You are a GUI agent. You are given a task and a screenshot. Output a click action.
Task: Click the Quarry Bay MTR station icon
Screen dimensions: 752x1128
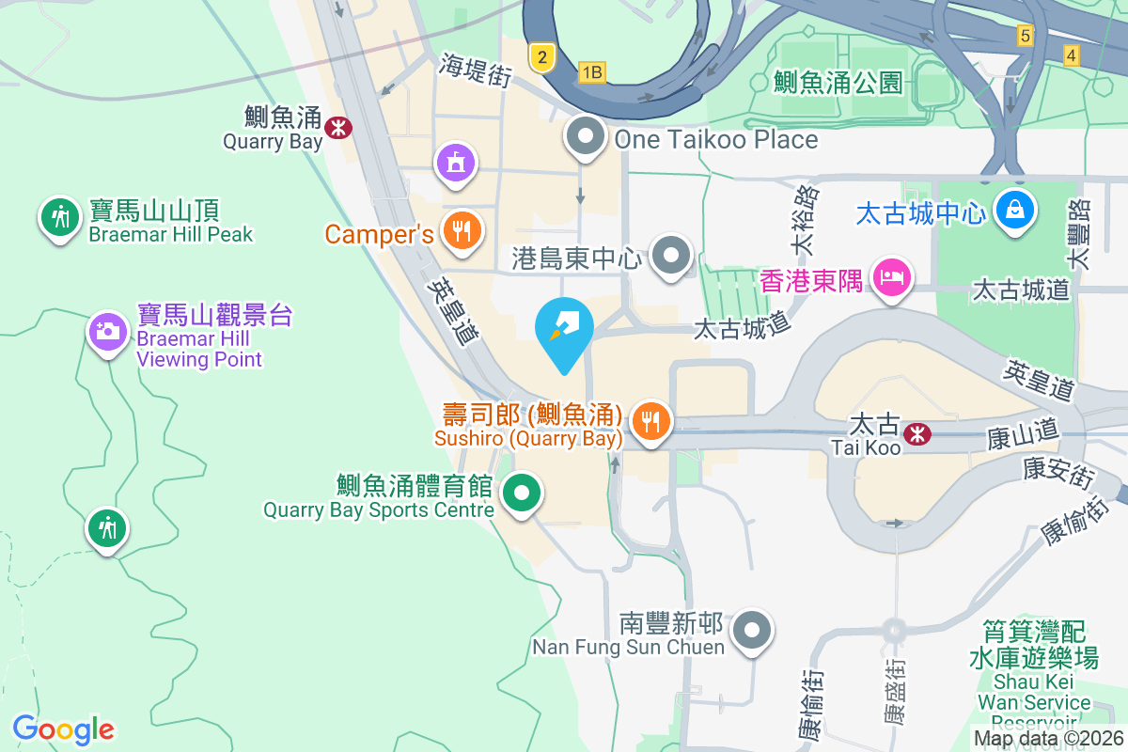[x=336, y=125]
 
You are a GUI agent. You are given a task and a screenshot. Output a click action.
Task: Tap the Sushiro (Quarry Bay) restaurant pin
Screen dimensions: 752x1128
[x=650, y=419]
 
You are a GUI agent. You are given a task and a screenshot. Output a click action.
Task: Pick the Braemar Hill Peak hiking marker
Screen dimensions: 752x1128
[x=60, y=217]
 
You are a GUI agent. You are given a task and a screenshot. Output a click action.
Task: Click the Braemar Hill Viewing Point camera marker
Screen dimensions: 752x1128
[x=108, y=331]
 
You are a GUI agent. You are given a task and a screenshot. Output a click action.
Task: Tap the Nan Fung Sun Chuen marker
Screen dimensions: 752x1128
[x=752, y=631]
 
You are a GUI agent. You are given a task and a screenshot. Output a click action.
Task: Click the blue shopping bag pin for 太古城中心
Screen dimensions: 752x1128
[x=1015, y=208]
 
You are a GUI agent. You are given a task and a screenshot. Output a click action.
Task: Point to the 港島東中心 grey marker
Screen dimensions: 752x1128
[x=671, y=255]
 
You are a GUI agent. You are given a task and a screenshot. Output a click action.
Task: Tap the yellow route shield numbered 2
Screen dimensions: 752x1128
[x=540, y=57]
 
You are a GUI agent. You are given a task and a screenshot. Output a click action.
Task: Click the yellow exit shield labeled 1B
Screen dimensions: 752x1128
[x=591, y=71]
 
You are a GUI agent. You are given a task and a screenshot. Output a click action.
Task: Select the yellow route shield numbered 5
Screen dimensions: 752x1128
[x=1025, y=36]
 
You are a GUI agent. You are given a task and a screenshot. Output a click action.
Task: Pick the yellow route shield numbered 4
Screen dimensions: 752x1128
[x=1071, y=55]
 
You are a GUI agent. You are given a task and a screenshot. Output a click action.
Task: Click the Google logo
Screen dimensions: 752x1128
[x=63, y=728]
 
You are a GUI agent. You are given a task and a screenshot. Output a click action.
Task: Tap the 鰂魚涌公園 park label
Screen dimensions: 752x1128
[x=838, y=83]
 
